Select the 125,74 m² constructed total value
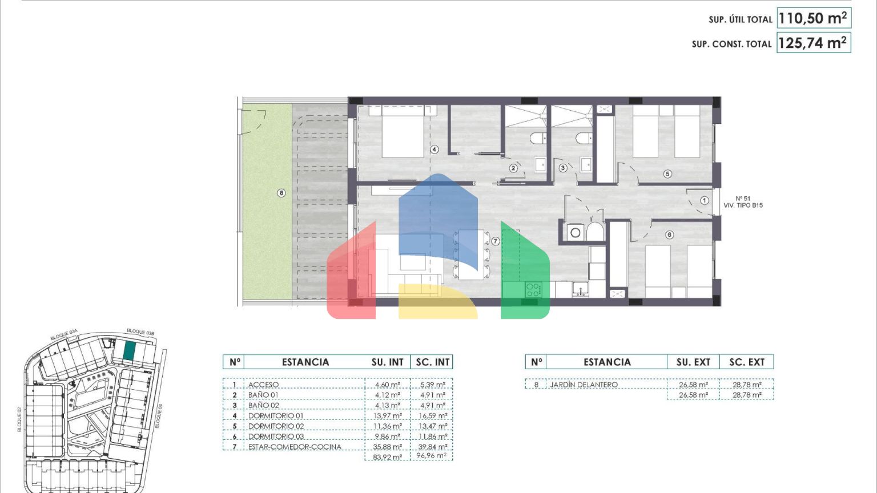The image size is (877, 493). [x=812, y=43]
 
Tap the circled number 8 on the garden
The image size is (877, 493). [x=281, y=193]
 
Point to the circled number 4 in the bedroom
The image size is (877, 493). [x=434, y=149]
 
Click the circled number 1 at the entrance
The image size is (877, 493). [x=705, y=200]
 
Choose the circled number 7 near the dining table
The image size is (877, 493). [x=495, y=241]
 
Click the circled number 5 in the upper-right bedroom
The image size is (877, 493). [x=667, y=173]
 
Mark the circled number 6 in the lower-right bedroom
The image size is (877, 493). [x=669, y=235]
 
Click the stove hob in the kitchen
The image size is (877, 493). [x=533, y=290]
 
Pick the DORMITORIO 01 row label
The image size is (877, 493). [x=276, y=415]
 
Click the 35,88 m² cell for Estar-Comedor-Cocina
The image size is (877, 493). [x=387, y=447]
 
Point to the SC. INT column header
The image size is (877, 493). [x=433, y=362]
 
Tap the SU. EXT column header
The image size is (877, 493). [x=693, y=362]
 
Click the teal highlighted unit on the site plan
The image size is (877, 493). [x=129, y=350]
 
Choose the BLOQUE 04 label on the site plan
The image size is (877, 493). [x=158, y=416]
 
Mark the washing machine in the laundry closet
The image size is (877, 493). [x=575, y=233]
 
